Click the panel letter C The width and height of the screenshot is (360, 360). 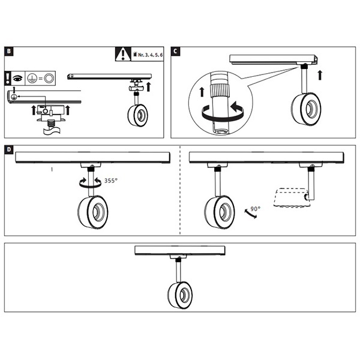pyautogui.click(x=175, y=52)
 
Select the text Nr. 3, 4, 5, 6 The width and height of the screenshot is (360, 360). pyautogui.click(x=149, y=55)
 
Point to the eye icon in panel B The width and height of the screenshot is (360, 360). pyautogui.click(x=18, y=77)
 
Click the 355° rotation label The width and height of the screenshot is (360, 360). pyautogui.click(x=110, y=179)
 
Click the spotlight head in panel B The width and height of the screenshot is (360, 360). pyautogui.click(x=137, y=115)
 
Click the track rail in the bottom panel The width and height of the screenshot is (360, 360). pyautogui.click(x=180, y=250)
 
